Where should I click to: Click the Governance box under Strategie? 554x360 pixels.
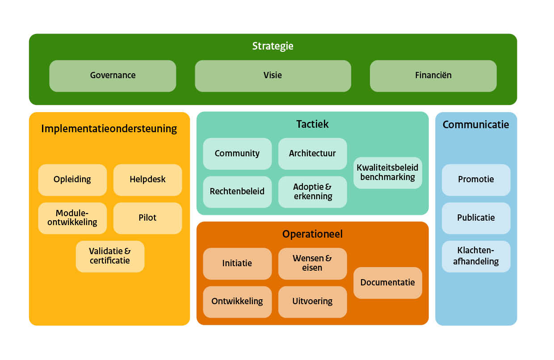click(x=113, y=75)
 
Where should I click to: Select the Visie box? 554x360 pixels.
click(x=273, y=75)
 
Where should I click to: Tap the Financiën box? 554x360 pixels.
click(x=433, y=75)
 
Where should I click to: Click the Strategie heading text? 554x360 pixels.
click(x=273, y=46)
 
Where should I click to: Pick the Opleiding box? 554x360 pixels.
click(x=72, y=180)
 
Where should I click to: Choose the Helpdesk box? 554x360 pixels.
click(x=147, y=180)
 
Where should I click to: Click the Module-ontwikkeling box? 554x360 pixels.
click(x=72, y=218)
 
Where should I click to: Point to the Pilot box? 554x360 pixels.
click(x=147, y=218)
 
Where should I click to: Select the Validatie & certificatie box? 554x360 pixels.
click(x=110, y=256)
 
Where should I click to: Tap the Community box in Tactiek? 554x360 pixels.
click(x=237, y=154)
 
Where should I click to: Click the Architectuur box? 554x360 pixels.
click(x=312, y=154)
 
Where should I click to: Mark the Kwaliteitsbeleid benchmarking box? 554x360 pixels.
click(x=387, y=172)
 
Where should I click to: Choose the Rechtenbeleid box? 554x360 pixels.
click(x=237, y=192)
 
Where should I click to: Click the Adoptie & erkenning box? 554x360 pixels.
click(x=312, y=192)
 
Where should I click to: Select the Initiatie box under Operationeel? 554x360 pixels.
click(x=237, y=264)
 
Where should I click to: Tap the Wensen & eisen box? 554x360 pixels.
click(x=312, y=264)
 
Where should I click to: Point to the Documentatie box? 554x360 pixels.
click(x=387, y=283)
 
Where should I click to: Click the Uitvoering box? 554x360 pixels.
click(x=312, y=301)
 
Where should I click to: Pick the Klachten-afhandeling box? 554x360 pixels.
click(x=476, y=256)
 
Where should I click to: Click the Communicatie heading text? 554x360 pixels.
click(x=476, y=125)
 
